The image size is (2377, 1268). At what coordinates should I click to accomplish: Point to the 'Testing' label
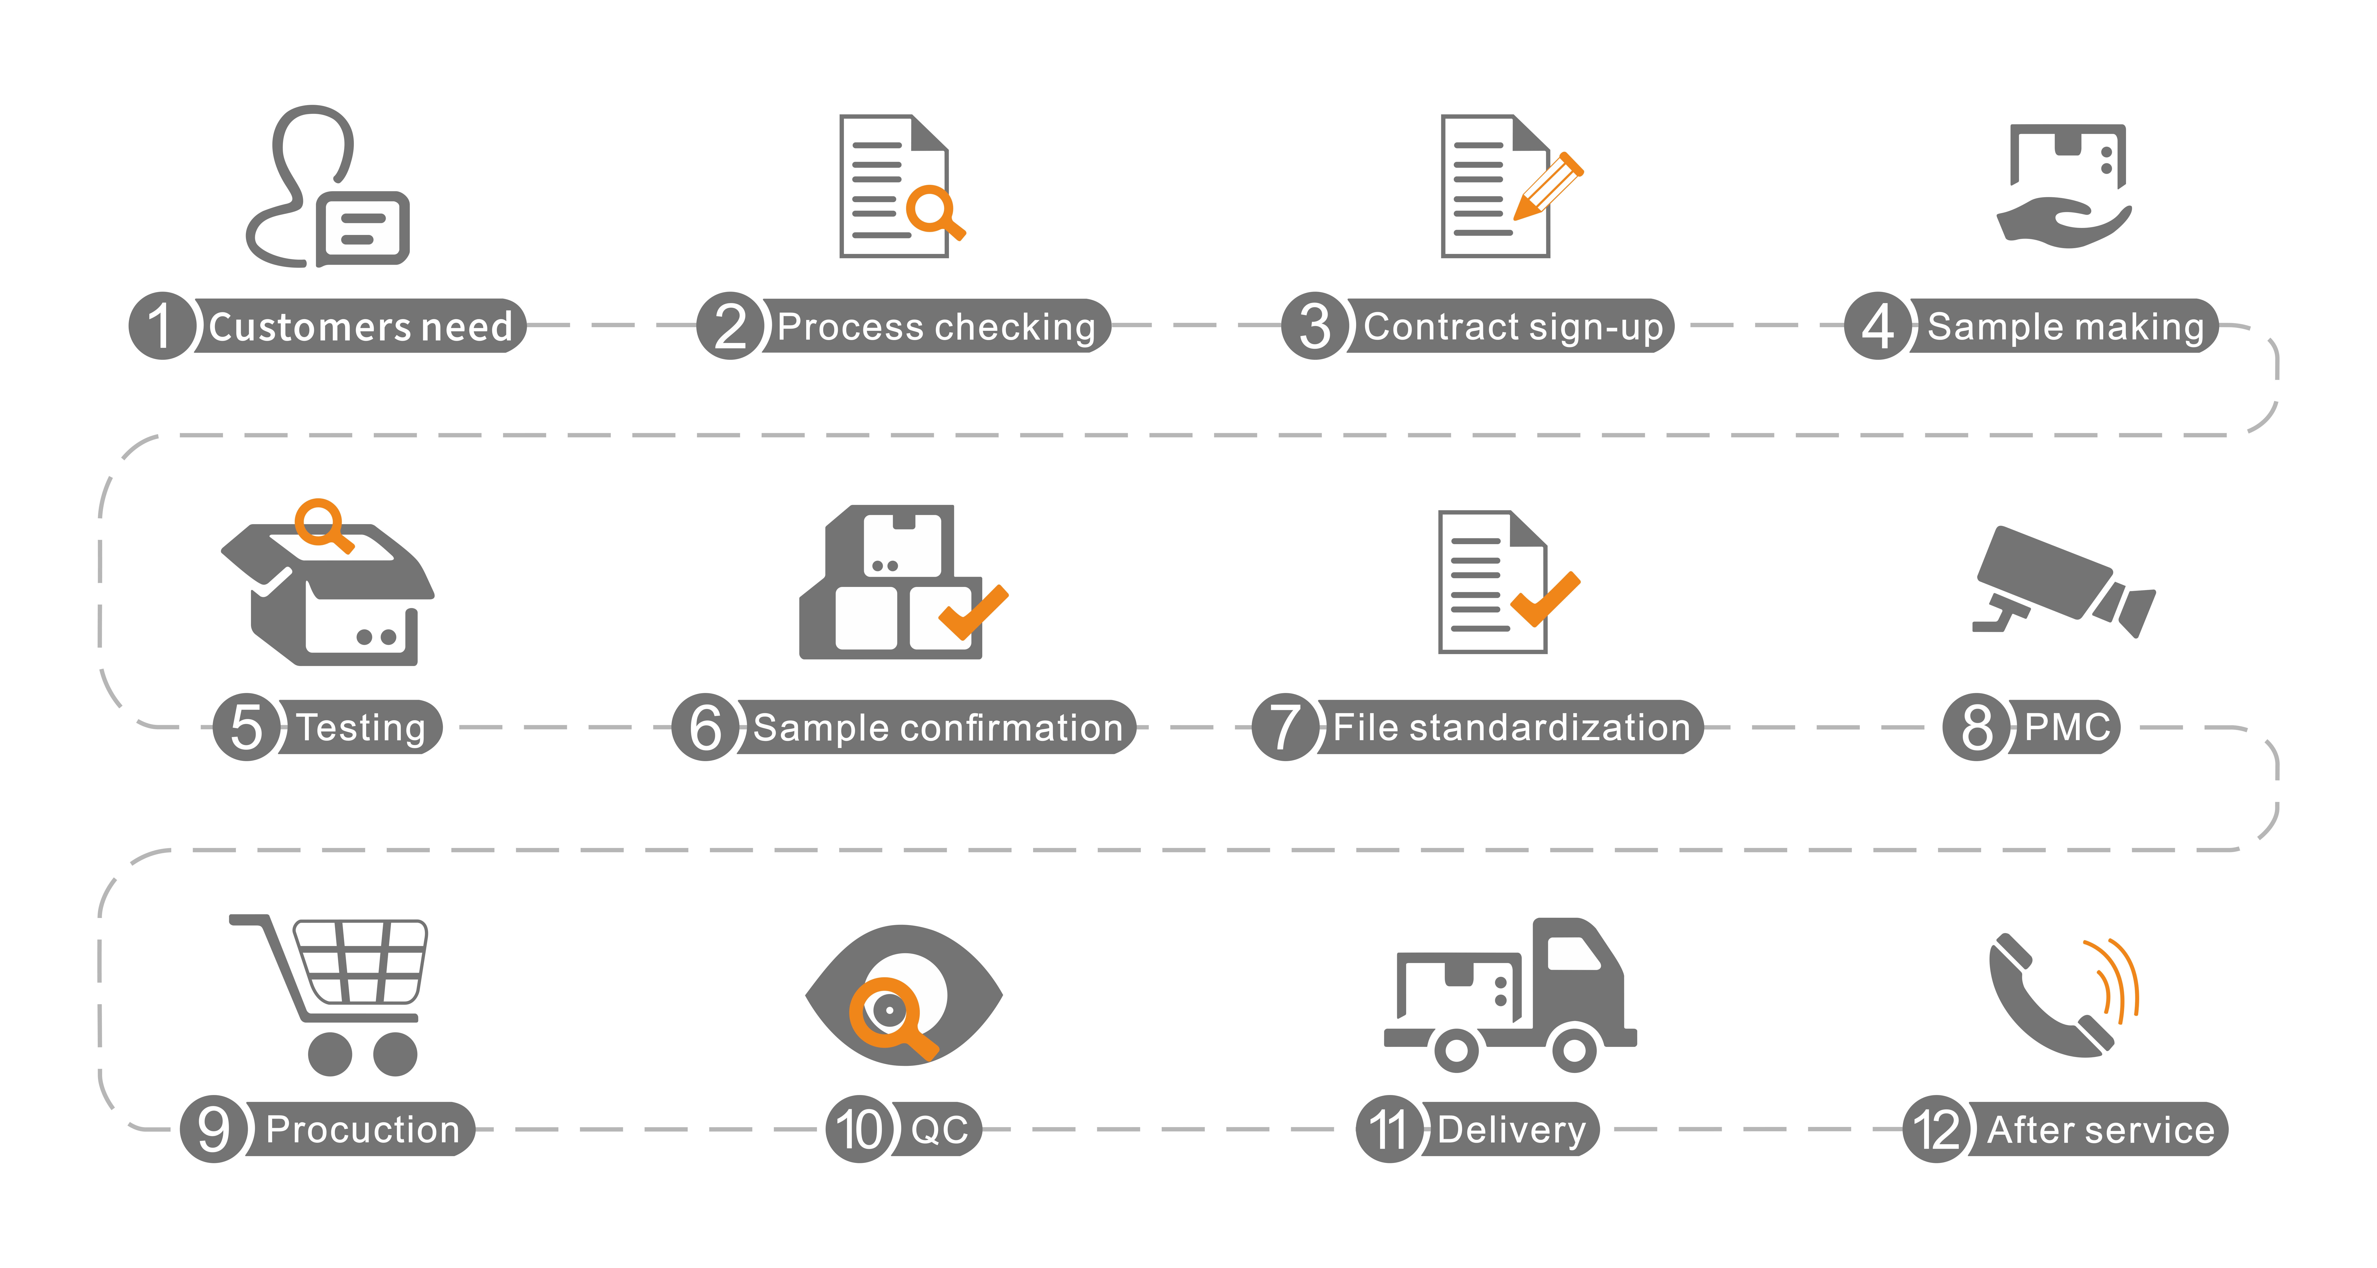(361, 727)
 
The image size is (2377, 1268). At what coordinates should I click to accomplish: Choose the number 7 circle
(1285, 727)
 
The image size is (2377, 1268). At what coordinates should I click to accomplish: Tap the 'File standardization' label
(1511, 727)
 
